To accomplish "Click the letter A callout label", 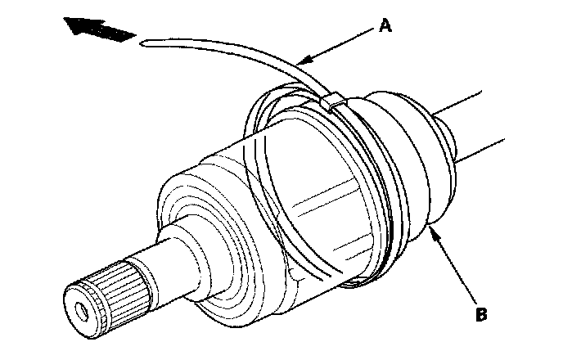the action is coord(385,26).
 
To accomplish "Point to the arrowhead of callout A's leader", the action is coord(301,61).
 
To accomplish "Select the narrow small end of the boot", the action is coord(446,139).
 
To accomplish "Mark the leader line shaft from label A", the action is coord(340,44).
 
